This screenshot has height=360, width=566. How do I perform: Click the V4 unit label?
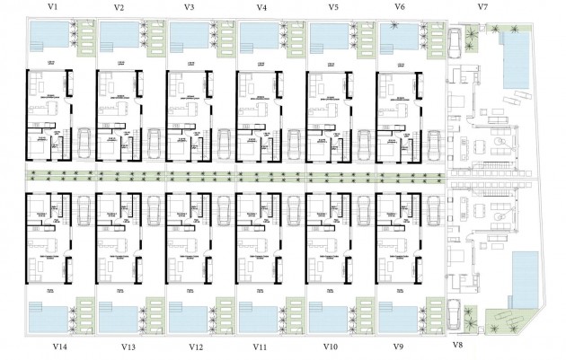coord(261,7)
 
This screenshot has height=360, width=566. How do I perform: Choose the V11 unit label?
coord(261,347)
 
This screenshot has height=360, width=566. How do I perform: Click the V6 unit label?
coord(400,7)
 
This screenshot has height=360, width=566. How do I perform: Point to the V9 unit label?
coord(400,347)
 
